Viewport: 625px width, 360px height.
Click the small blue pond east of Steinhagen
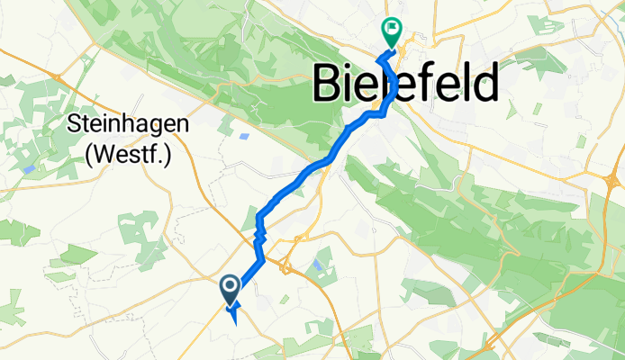point(245,137)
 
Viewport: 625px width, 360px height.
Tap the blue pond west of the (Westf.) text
point(29,168)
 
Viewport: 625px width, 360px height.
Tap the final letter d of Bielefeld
point(484,85)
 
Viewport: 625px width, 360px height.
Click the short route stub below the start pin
point(234,314)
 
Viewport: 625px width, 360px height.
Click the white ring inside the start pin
point(230,286)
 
